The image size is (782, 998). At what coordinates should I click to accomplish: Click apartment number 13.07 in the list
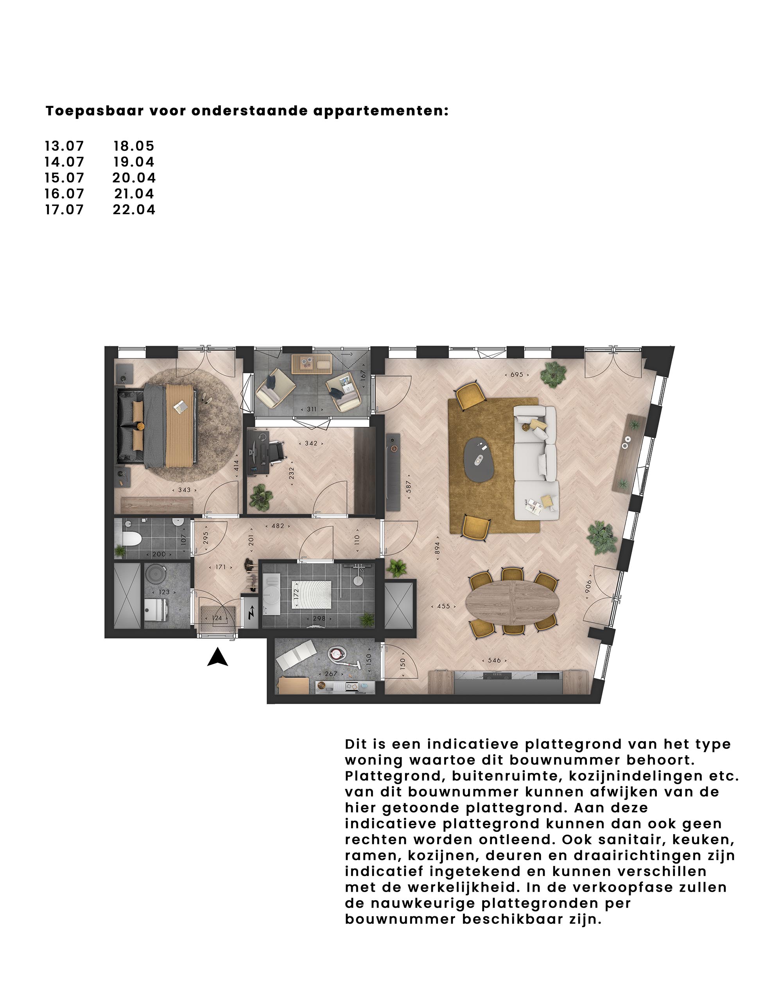point(65,146)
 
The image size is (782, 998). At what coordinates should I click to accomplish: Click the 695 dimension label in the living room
point(517,374)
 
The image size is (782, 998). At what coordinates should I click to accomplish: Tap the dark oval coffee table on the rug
point(479,458)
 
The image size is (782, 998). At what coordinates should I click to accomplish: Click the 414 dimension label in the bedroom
point(236,465)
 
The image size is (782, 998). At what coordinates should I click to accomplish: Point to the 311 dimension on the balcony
point(311,409)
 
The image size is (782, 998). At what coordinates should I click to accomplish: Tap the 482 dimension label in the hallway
point(278,526)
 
